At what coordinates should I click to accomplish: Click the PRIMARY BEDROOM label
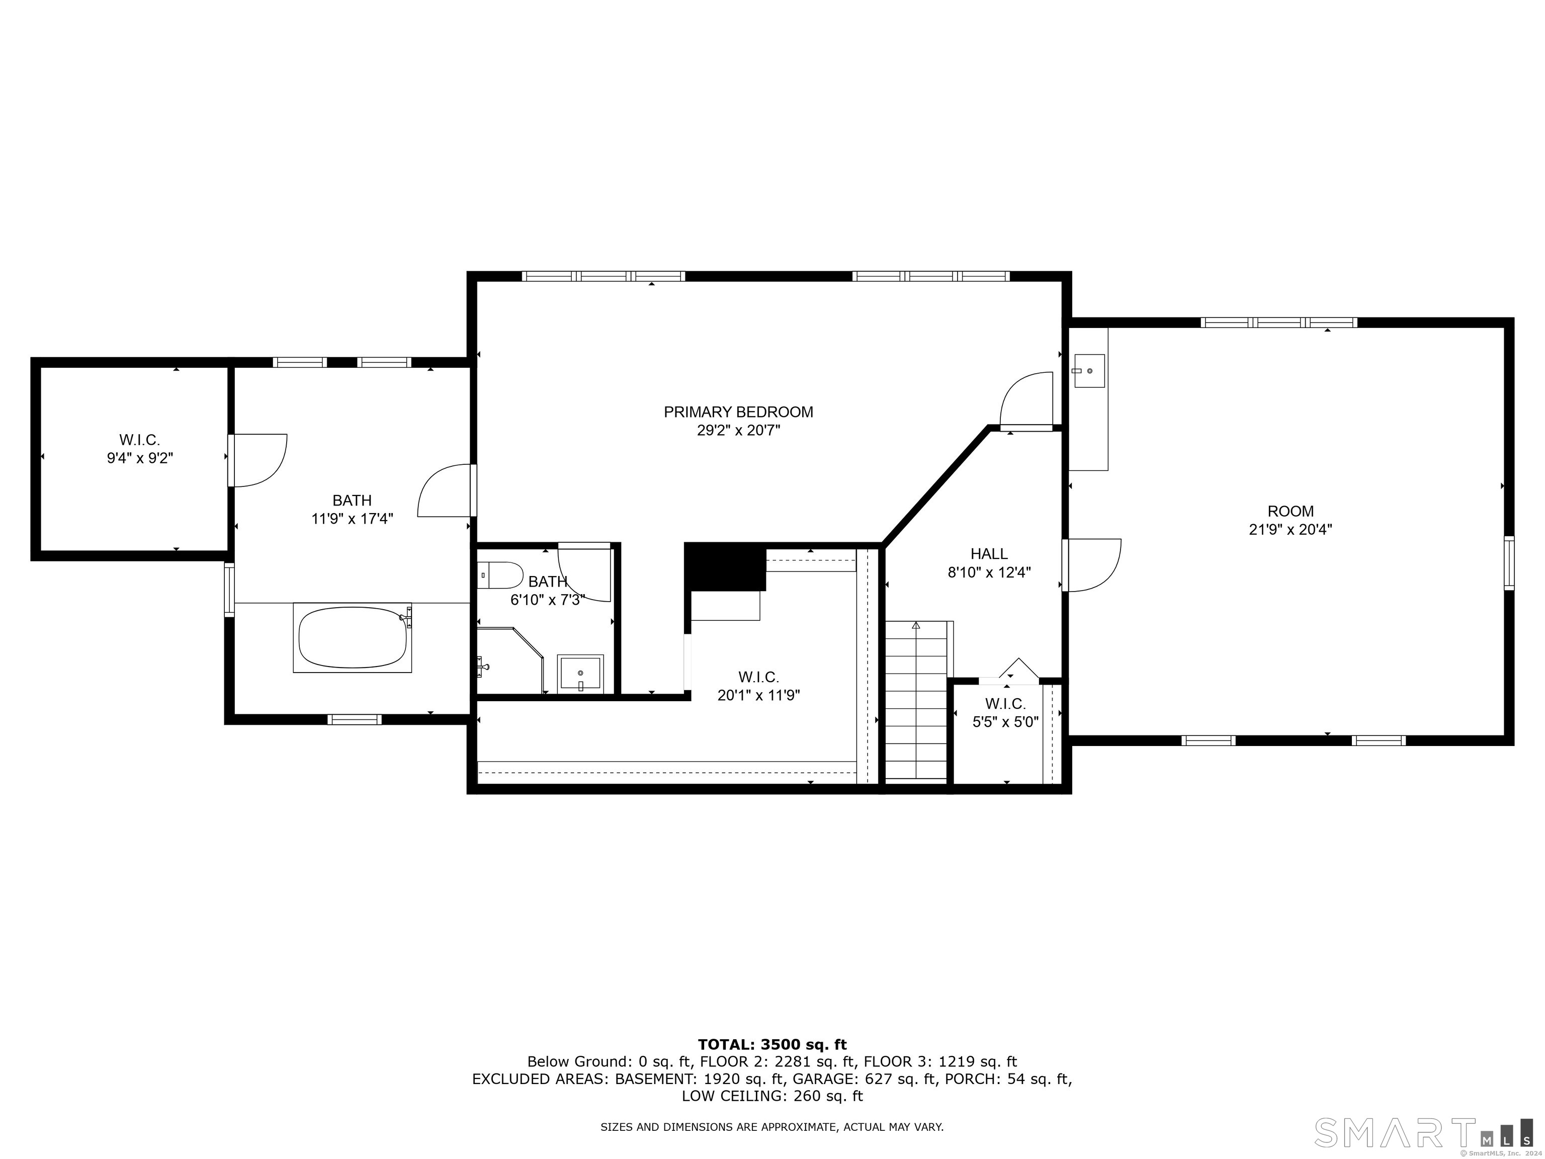[x=738, y=412]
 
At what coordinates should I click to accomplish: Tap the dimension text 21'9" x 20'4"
[x=1290, y=530]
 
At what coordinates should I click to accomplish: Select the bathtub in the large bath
[x=352, y=638]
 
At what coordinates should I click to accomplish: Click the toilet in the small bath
[x=501, y=575]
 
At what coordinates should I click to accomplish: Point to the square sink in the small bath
[x=580, y=673]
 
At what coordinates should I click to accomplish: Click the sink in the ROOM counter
[x=1089, y=370]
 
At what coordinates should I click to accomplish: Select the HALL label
[x=989, y=554]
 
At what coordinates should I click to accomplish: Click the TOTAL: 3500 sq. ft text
[x=772, y=1044]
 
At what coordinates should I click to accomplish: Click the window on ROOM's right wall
[x=1509, y=563]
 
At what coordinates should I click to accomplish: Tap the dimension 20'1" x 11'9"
[x=758, y=695]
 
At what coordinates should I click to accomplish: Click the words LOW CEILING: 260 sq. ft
[x=772, y=1096]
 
